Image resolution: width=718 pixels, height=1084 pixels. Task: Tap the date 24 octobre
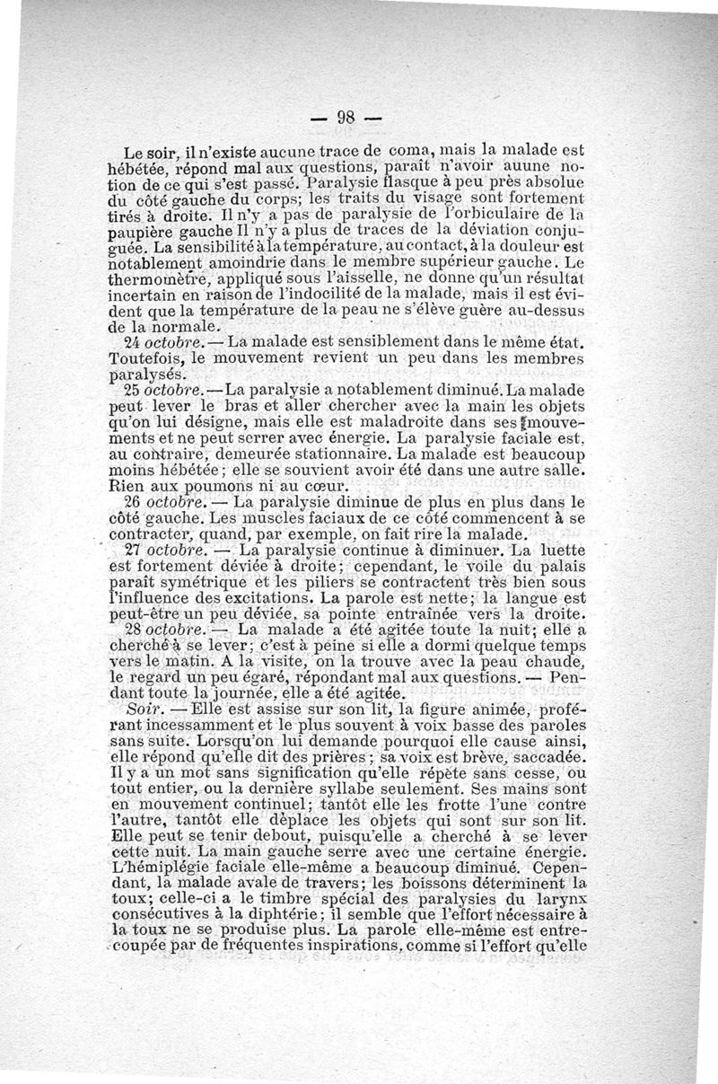[x=171, y=342]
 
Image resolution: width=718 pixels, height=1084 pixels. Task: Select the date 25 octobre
[x=171, y=391]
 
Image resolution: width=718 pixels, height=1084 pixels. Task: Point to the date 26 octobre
[x=171, y=500]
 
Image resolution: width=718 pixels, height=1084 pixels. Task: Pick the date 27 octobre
[x=171, y=549]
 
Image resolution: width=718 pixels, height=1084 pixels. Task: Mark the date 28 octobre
[x=171, y=631]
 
